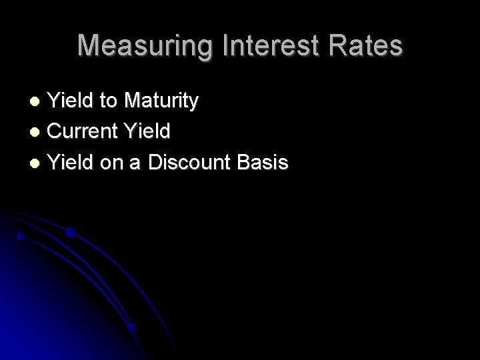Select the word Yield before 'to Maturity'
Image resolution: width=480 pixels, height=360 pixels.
[72, 102]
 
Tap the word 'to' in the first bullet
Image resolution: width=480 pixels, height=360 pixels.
[107, 102]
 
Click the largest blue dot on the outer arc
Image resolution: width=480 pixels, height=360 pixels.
[71, 233]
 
